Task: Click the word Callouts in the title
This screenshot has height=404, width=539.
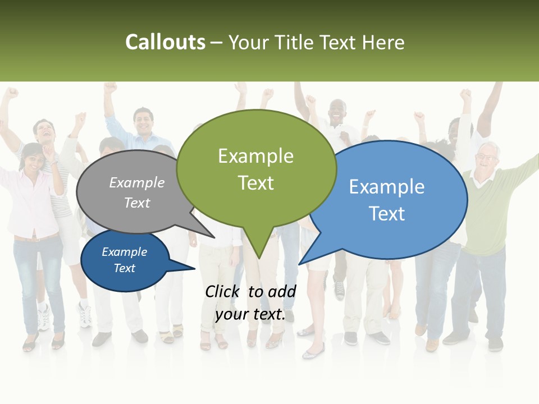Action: [x=165, y=43]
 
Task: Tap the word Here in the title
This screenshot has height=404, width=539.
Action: [x=383, y=43]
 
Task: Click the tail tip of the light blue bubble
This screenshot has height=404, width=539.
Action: [x=300, y=263]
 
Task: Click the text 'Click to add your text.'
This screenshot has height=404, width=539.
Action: [x=250, y=303]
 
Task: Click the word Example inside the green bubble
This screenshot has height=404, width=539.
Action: [x=255, y=156]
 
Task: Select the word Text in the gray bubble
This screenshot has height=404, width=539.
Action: [x=137, y=203]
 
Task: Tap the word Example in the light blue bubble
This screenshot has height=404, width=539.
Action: [x=386, y=187]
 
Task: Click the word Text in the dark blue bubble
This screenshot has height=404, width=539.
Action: [x=125, y=268]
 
